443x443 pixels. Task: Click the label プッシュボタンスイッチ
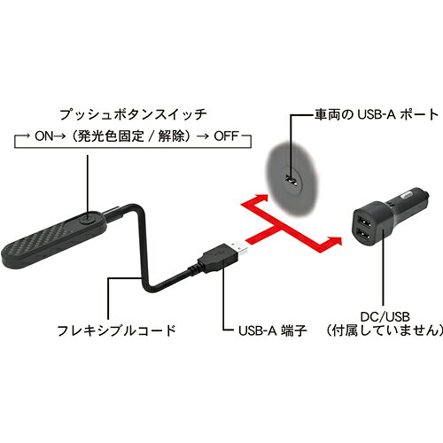[x=133, y=114]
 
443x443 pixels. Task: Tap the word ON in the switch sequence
[x=44, y=136]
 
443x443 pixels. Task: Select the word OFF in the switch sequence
[x=226, y=136]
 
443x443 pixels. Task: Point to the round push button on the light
[x=88, y=220]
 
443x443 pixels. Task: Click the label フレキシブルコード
[x=116, y=330]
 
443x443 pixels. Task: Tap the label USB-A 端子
[x=273, y=330]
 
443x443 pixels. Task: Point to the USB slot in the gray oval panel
[x=291, y=180]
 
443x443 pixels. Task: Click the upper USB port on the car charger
[x=362, y=221]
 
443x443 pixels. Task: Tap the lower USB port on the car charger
[x=363, y=237]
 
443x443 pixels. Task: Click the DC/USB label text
[x=385, y=317]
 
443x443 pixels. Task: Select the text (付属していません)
[x=385, y=330]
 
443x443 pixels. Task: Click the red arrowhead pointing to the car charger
[x=335, y=241]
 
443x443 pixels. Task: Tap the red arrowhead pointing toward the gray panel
[x=261, y=198]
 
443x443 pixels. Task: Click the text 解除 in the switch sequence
[x=173, y=136]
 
